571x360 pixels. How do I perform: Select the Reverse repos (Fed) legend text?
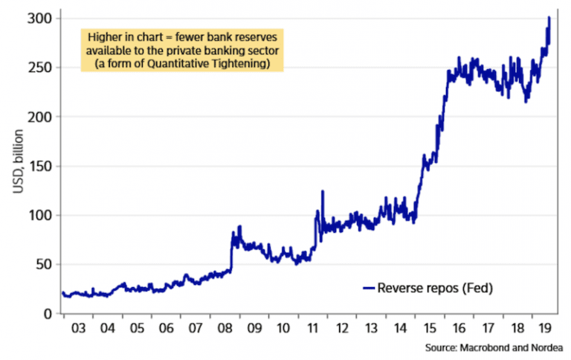click(x=436, y=287)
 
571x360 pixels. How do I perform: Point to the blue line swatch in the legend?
click(x=369, y=288)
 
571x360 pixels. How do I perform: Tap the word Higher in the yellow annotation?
click(x=105, y=38)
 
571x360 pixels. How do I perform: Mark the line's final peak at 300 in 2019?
click(x=549, y=18)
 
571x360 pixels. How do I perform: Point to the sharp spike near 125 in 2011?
click(x=322, y=191)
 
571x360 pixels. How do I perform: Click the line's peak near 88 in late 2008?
click(x=240, y=227)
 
